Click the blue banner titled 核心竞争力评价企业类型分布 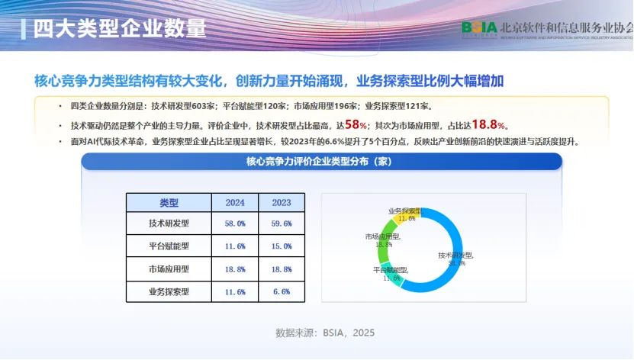pos(321,162)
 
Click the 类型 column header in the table pos(168,203)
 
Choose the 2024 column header pos(235,203)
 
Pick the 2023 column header pos(281,203)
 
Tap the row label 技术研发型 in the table pos(168,224)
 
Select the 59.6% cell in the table pos(281,224)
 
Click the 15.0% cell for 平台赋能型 pos(281,246)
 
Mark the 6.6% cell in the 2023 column pos(281,291)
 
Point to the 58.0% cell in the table pos(235,224)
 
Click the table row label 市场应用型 pos(168,269)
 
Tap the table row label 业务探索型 pos(168,291)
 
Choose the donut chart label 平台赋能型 pos(391,271)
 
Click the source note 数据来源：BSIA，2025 pos(325,333)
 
